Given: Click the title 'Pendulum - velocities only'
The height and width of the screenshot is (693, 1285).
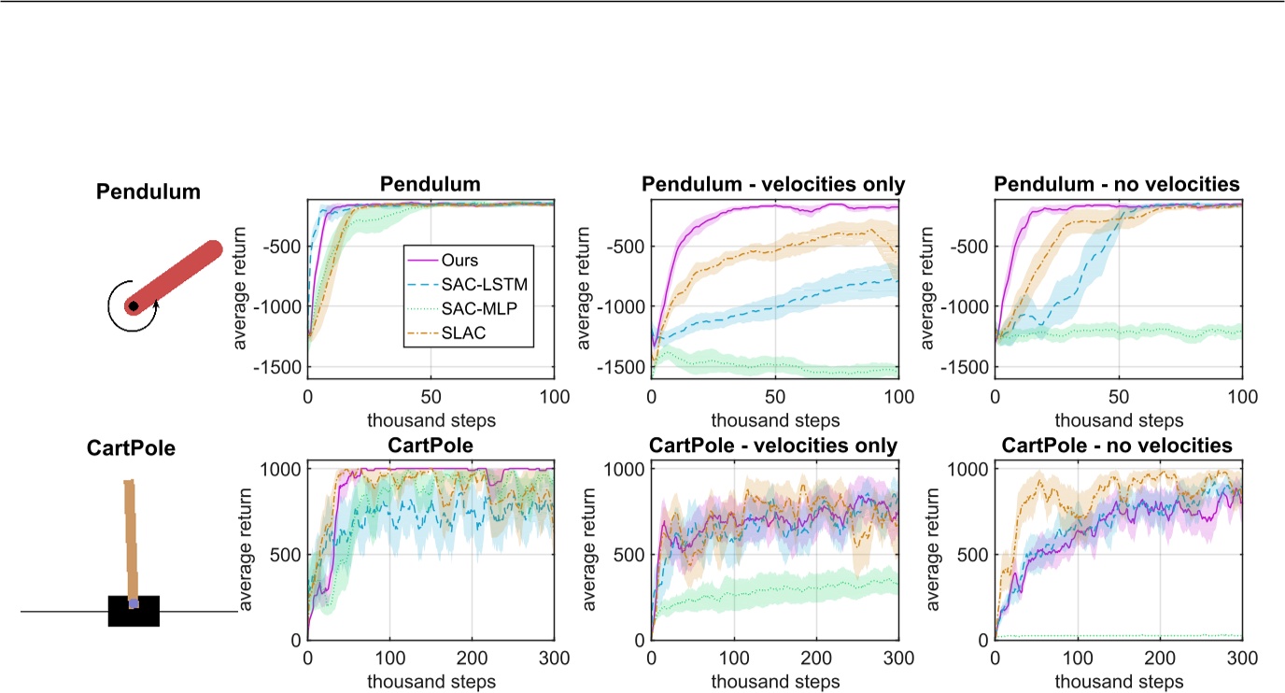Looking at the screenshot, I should pos(773,184).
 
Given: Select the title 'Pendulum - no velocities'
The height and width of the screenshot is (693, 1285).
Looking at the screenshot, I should pos(1117,184).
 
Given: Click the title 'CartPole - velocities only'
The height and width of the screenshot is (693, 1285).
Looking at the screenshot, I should pos(773,446).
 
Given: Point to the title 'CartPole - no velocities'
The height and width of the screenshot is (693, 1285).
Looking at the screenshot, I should pos(1117,446).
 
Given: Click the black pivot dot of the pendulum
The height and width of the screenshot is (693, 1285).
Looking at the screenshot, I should pos(134,305).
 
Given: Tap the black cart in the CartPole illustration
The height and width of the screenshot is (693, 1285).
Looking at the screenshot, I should pos(134,612).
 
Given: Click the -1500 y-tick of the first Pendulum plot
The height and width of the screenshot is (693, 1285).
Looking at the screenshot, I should pos(278,367).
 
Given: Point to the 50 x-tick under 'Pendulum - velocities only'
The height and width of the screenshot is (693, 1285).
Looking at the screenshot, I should pos(774,396).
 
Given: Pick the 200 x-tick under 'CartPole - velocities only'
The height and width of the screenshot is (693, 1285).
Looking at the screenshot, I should pos(815,658).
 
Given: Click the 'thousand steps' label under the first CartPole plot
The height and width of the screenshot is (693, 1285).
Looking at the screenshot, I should pos(431,682).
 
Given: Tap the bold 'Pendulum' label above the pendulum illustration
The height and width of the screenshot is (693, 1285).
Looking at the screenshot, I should pos(148,192).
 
